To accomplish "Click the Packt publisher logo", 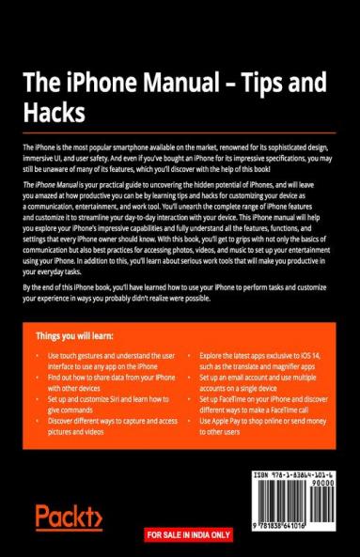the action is [68, 517].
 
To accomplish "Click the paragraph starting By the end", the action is [169, 290].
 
